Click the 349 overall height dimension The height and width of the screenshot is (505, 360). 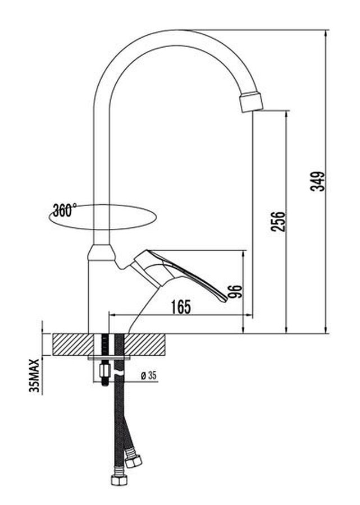pos(317,181)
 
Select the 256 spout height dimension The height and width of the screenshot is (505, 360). pos(279,221)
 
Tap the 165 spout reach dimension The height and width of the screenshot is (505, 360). pos(181,307)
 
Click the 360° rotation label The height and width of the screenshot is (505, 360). pos(65,210)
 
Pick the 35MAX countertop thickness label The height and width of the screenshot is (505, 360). pos(34,376)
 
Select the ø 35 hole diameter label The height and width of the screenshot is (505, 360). pos(149,375)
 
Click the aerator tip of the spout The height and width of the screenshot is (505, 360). pos(252,102)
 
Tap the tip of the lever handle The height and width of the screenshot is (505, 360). pos(225,300)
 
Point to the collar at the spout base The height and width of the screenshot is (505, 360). pos(101,252)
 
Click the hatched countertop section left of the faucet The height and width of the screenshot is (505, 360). pos(73,345)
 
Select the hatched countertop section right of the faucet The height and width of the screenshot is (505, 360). pos(145,345)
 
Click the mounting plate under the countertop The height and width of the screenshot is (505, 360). pos(109,357)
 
